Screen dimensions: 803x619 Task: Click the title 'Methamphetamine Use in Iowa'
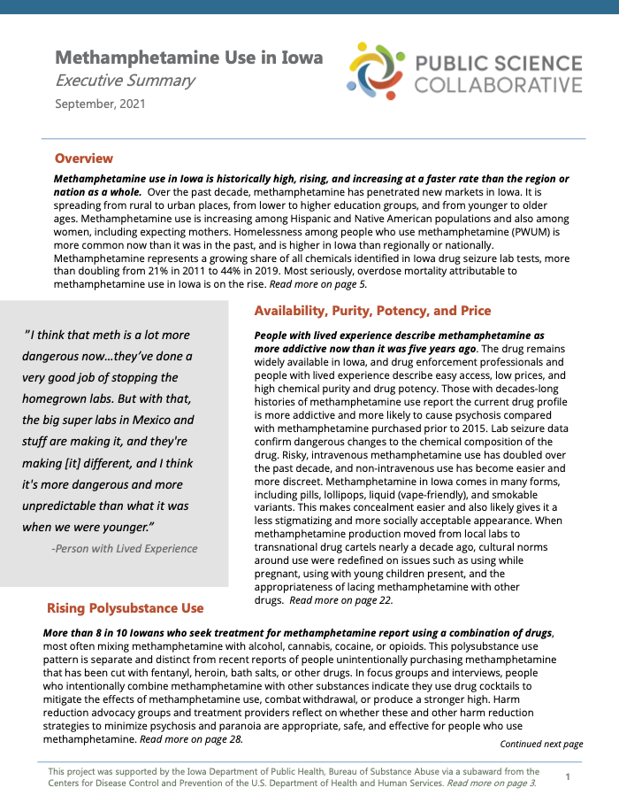(x=188, y=58)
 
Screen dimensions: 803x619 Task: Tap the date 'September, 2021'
(x=100, y=104)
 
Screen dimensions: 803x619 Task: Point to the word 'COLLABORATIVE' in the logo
(x=499, y=85)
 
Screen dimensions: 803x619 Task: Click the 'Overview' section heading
(x=84, y=158)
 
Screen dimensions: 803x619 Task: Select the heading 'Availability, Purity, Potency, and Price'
(x=372, y=311)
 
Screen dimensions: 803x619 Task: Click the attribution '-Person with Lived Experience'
(x=125, y=548)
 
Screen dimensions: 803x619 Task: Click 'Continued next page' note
(x=541, y=744)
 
